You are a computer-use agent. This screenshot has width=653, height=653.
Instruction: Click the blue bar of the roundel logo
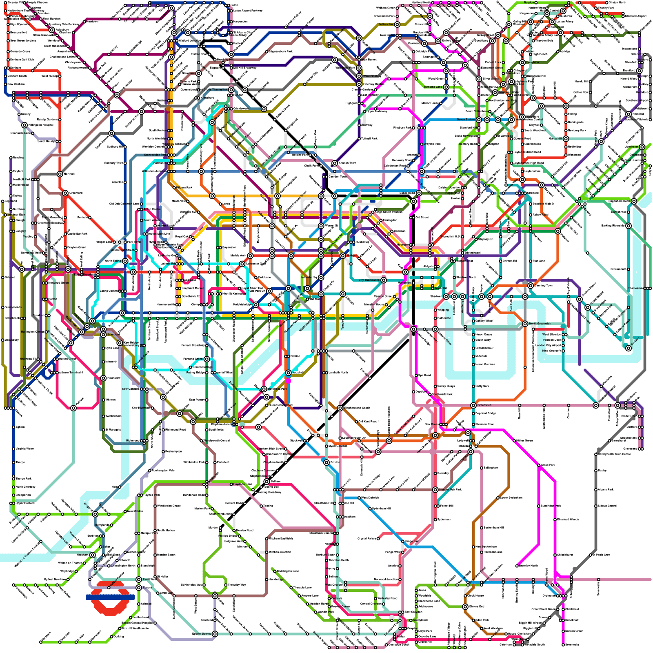click(x=110, y=597)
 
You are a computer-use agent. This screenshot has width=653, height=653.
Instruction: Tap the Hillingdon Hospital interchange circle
click(x=24, y=125)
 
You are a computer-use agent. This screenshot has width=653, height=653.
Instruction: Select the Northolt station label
click(x=69, y=174)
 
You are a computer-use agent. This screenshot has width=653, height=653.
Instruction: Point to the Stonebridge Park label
click(x=155, y=155)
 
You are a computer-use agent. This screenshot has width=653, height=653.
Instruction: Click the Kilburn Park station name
click(x=184, y=188)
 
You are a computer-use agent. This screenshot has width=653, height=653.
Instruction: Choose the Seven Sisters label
click(x=466, y=120)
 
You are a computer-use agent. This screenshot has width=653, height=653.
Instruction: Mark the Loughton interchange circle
click(x=522, y=62)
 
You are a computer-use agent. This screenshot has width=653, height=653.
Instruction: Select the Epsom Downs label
click(x=202, y=634)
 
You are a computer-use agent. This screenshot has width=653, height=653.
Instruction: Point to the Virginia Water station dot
click(x=14, y=449)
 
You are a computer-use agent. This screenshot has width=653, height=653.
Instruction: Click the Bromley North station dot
click(x=517, y=566)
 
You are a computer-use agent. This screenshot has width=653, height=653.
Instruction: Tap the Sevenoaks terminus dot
click(x=563, y=645)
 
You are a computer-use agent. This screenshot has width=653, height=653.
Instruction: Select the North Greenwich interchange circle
click(x=525, y=324)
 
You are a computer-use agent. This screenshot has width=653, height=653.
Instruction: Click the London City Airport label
click(x=548, y=345)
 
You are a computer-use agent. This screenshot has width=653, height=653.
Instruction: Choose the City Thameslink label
click(x=369, y=280)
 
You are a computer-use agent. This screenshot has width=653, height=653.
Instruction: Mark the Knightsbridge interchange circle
click(x=255, y=304)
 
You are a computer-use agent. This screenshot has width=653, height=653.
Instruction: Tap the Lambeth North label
click(x=338, y=373)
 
